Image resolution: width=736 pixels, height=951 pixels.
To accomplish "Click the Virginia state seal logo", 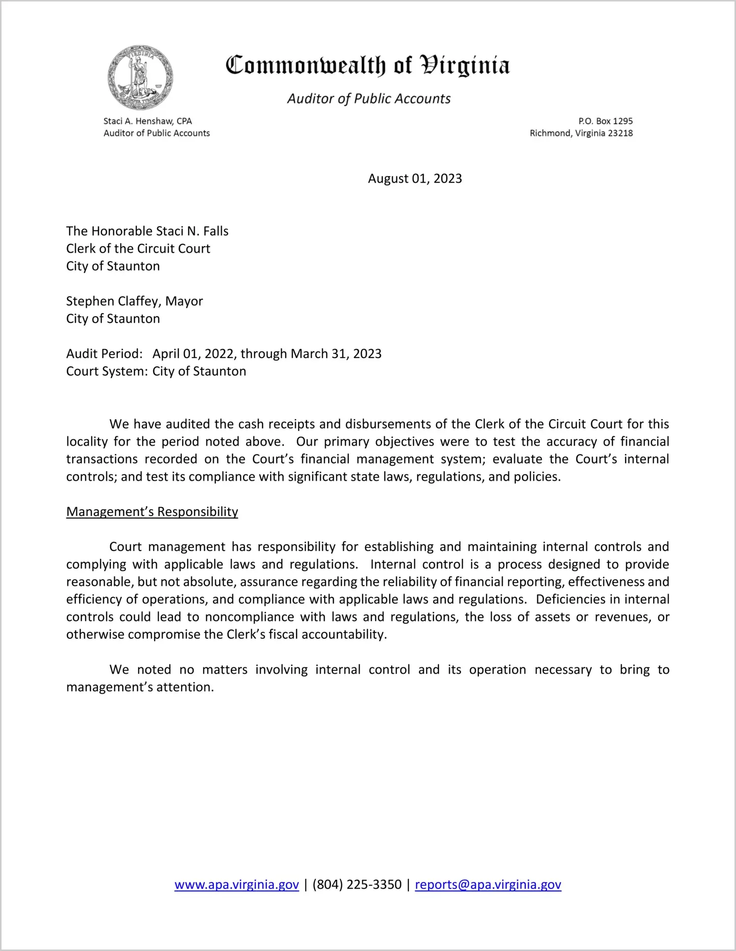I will pos(140,78).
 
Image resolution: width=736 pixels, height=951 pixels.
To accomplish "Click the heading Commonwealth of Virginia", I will pos(368,66).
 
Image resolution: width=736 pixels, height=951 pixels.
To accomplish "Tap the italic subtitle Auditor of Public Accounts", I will pos(368,99).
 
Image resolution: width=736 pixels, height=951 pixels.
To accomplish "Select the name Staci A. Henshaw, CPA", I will pos(147,121).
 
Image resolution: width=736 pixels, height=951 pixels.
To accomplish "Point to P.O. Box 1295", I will pos(605,121).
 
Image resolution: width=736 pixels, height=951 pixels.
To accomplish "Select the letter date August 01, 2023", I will pos(415,179).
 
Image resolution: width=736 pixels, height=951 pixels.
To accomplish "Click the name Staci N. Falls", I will pos(192,231).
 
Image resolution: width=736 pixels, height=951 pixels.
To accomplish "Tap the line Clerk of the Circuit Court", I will pos(138,249).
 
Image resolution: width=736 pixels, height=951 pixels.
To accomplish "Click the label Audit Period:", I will pos(104,354).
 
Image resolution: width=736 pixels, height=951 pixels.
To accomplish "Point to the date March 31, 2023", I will pos(336,354).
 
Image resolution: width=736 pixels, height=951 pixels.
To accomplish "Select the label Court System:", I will pos(107,371).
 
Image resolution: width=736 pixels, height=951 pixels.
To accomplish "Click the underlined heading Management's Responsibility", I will pos(152,512).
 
